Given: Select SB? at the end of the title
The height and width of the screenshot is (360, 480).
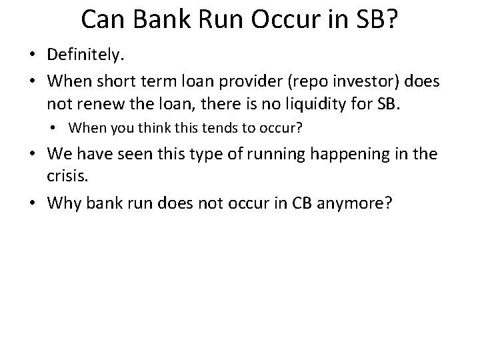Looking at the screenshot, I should [375, 21].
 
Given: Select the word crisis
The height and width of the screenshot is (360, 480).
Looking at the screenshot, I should [65, 175].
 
